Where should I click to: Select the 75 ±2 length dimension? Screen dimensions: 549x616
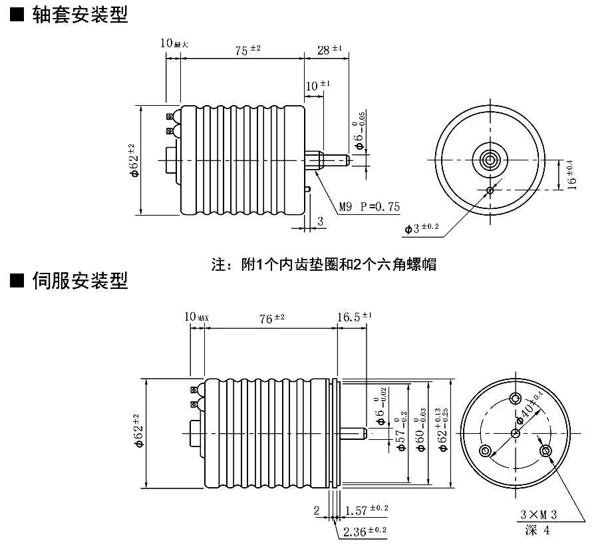point(247,51)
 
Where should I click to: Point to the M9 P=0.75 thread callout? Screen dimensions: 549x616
point(369,207)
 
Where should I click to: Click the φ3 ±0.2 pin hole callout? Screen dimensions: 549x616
point(422,228)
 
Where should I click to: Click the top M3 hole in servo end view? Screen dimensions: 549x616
point(516,398)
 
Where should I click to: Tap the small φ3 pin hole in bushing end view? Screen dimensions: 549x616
point(490,190)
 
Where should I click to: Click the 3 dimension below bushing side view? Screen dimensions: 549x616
point(320,221)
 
